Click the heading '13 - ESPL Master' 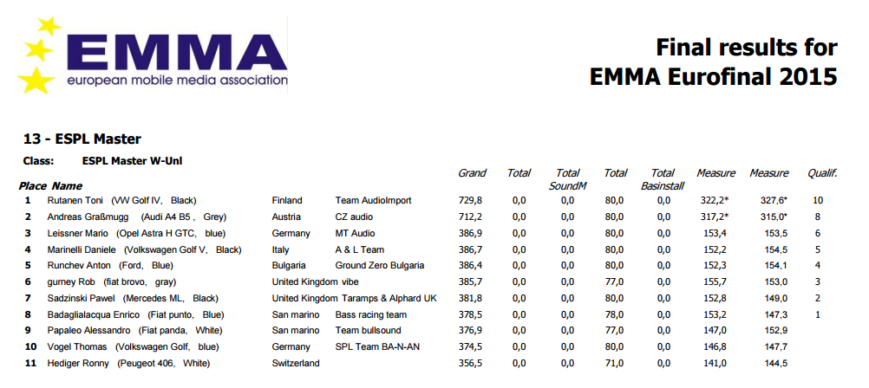(x=82, y=139)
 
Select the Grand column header (x=472, y=173)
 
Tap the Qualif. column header (x=822, y=173)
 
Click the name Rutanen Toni (x=75, y=200)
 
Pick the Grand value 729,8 (x=470, y=200)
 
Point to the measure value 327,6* (x=768, y=200)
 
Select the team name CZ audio (x=354, y=217)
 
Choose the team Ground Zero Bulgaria (x=380, y=265)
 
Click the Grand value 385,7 (x=470, y=281)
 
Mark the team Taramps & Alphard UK (x=386, y=298)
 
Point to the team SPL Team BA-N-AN (x=376, y=346)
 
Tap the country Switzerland (x=296, y=363)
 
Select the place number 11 (x=28, y=363)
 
